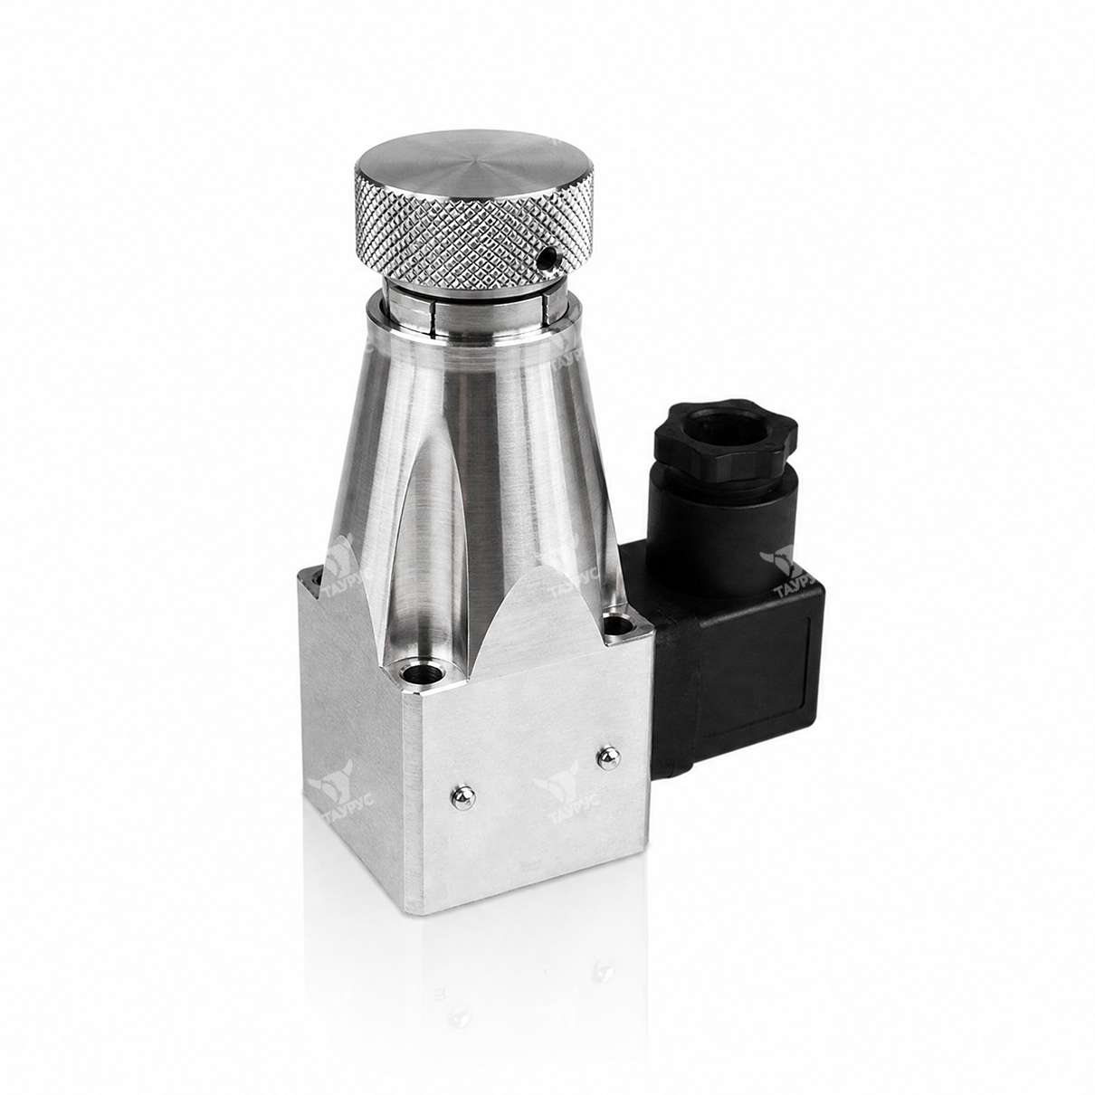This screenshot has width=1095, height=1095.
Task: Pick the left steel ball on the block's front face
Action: [x=463, y=799]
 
